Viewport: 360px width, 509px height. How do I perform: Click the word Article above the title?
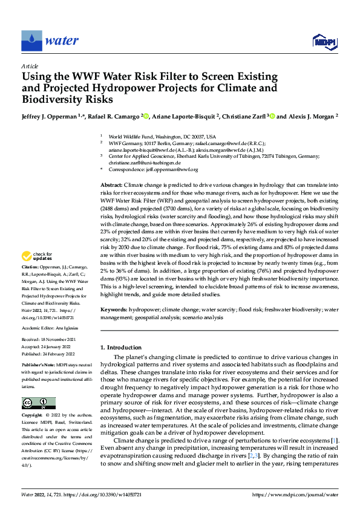[30, 66]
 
